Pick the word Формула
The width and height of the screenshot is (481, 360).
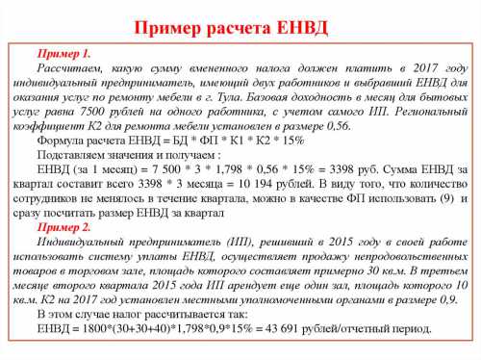[x=62, y=141]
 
